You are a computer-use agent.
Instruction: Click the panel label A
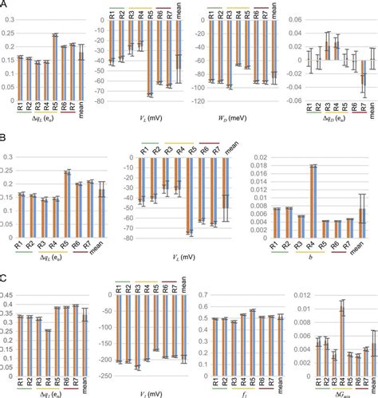click(x=6, y=6)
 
